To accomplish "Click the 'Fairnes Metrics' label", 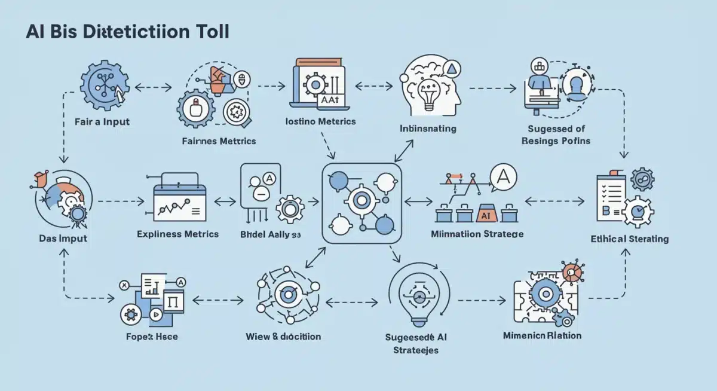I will tap(219, 141).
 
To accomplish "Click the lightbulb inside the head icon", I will tap(428, 96).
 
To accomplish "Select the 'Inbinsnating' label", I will tap(428, 128).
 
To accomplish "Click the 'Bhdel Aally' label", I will tap(270, 234).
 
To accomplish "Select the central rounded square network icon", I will tap(361, 203).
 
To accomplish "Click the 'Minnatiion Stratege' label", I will tap(477, 234).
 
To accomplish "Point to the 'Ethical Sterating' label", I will tap(629, 239).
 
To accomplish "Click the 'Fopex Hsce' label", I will tap(152, 336).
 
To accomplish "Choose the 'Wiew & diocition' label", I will tap(283, 336).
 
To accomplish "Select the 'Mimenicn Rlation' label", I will tap(542, 335).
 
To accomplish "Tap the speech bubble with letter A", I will tap(504, 176).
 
